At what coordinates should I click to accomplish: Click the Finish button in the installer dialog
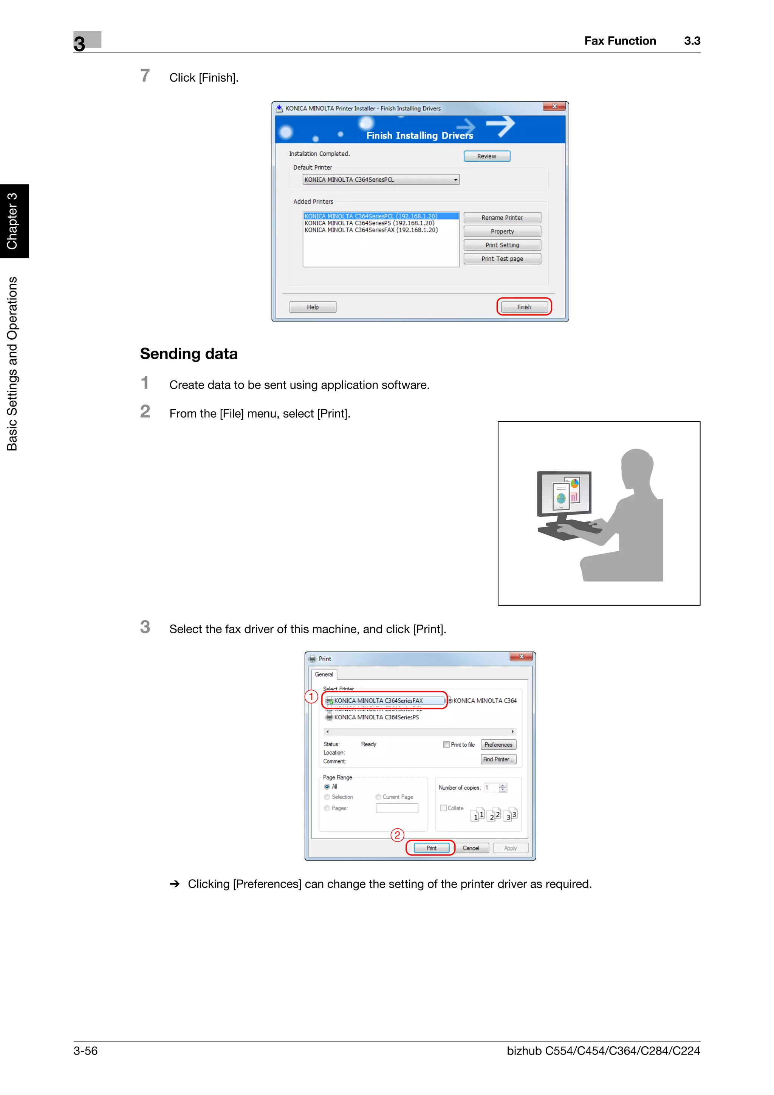(x=524, y=307)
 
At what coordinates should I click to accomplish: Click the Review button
(x=486, y=156)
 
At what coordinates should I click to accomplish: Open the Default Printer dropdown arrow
(x=455, y=180)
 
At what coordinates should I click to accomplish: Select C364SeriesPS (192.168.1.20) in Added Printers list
(x=369, y=223)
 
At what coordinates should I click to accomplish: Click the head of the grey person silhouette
(x=637, y=467)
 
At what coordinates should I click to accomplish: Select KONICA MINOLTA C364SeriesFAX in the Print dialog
(x=378, y=701)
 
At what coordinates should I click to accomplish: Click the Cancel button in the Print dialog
(x=471, y=848)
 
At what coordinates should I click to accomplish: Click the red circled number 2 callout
(x=397, y=835)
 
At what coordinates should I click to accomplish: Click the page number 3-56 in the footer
(x=85, y=1051)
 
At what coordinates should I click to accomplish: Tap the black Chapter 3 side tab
(x=14, y=221)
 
